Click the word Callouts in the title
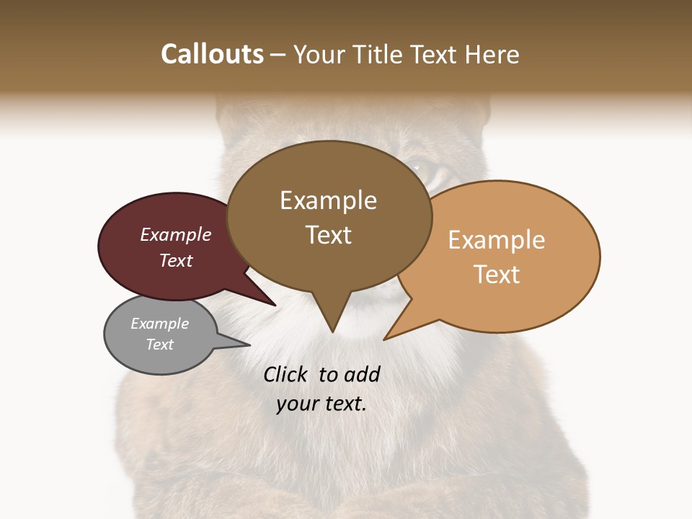(212, 54)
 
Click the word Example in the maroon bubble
(176, 234)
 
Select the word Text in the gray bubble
(160, 345)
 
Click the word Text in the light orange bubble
(497, 275)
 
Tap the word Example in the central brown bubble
(328, 200)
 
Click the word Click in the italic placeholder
(285, 374)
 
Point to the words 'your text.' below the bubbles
(321, 404)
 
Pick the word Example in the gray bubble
(160, 324)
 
